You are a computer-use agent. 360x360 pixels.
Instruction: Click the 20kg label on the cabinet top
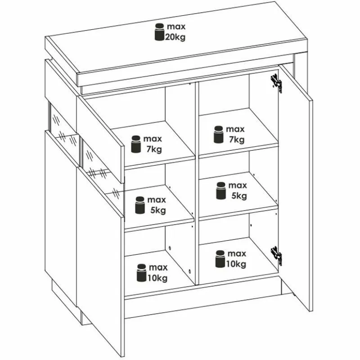click(x=175, y=37)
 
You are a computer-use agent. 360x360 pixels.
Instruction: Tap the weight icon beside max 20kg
click(x=159, y=32)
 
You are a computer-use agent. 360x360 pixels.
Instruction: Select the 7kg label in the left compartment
click(x=154, y=149)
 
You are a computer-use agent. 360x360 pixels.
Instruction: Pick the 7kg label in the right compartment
click(x=237, y=139)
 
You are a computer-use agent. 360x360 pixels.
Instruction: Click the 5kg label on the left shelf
click(x=158, y=210)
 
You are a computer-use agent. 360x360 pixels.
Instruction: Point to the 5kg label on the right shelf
click(x=239, y=196)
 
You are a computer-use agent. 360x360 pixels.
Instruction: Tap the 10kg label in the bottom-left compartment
click(x=157, y=278)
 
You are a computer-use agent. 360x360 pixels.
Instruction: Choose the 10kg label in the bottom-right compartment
click(x=236, y=264)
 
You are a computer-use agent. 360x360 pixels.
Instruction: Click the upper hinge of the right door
click(x=276, y=83)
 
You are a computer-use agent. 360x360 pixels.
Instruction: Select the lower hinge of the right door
click(x=276, y=256)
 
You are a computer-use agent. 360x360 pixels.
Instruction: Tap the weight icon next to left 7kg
click(x=136, y=144)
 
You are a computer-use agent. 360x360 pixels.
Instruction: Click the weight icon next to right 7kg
click(x=218, y=134)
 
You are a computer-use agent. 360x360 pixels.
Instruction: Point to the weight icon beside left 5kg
click(x=140, y=205)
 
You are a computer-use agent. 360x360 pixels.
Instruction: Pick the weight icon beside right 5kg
click(x=221, y=190)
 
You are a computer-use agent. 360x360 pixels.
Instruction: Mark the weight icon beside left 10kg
click(x=141, y=273)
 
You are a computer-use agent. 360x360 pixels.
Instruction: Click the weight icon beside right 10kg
click(x=220, y=259)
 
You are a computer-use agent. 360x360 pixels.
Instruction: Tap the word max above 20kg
click(x=176, y=27)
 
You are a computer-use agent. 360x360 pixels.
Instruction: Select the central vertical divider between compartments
click(x=197, y=184)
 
